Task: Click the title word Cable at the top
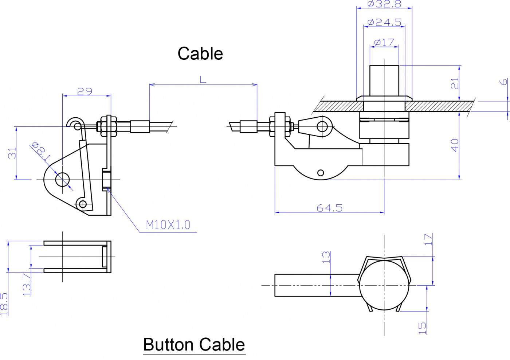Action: point(200,54)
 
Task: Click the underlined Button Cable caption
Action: point(194,344)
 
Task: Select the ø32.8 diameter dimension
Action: point(384,4)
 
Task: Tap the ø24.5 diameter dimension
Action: point(384,22)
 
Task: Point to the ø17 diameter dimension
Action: point(384,42)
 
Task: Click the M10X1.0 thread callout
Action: point(168,225)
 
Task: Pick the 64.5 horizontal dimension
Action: point(329,208)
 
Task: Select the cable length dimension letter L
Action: point(203,79)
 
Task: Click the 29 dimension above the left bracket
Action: point(85,91)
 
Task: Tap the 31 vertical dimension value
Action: point(12,153)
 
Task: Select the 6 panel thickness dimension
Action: point(503,82)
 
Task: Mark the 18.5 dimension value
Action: point(4,304)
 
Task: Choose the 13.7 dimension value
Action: point(27,285)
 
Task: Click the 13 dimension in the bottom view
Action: point(326,257)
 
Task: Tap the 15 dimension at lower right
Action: point(422,328)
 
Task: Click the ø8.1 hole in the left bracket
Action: point(62,179)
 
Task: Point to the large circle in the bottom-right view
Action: point(384,285)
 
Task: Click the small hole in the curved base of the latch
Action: point(321,173)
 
